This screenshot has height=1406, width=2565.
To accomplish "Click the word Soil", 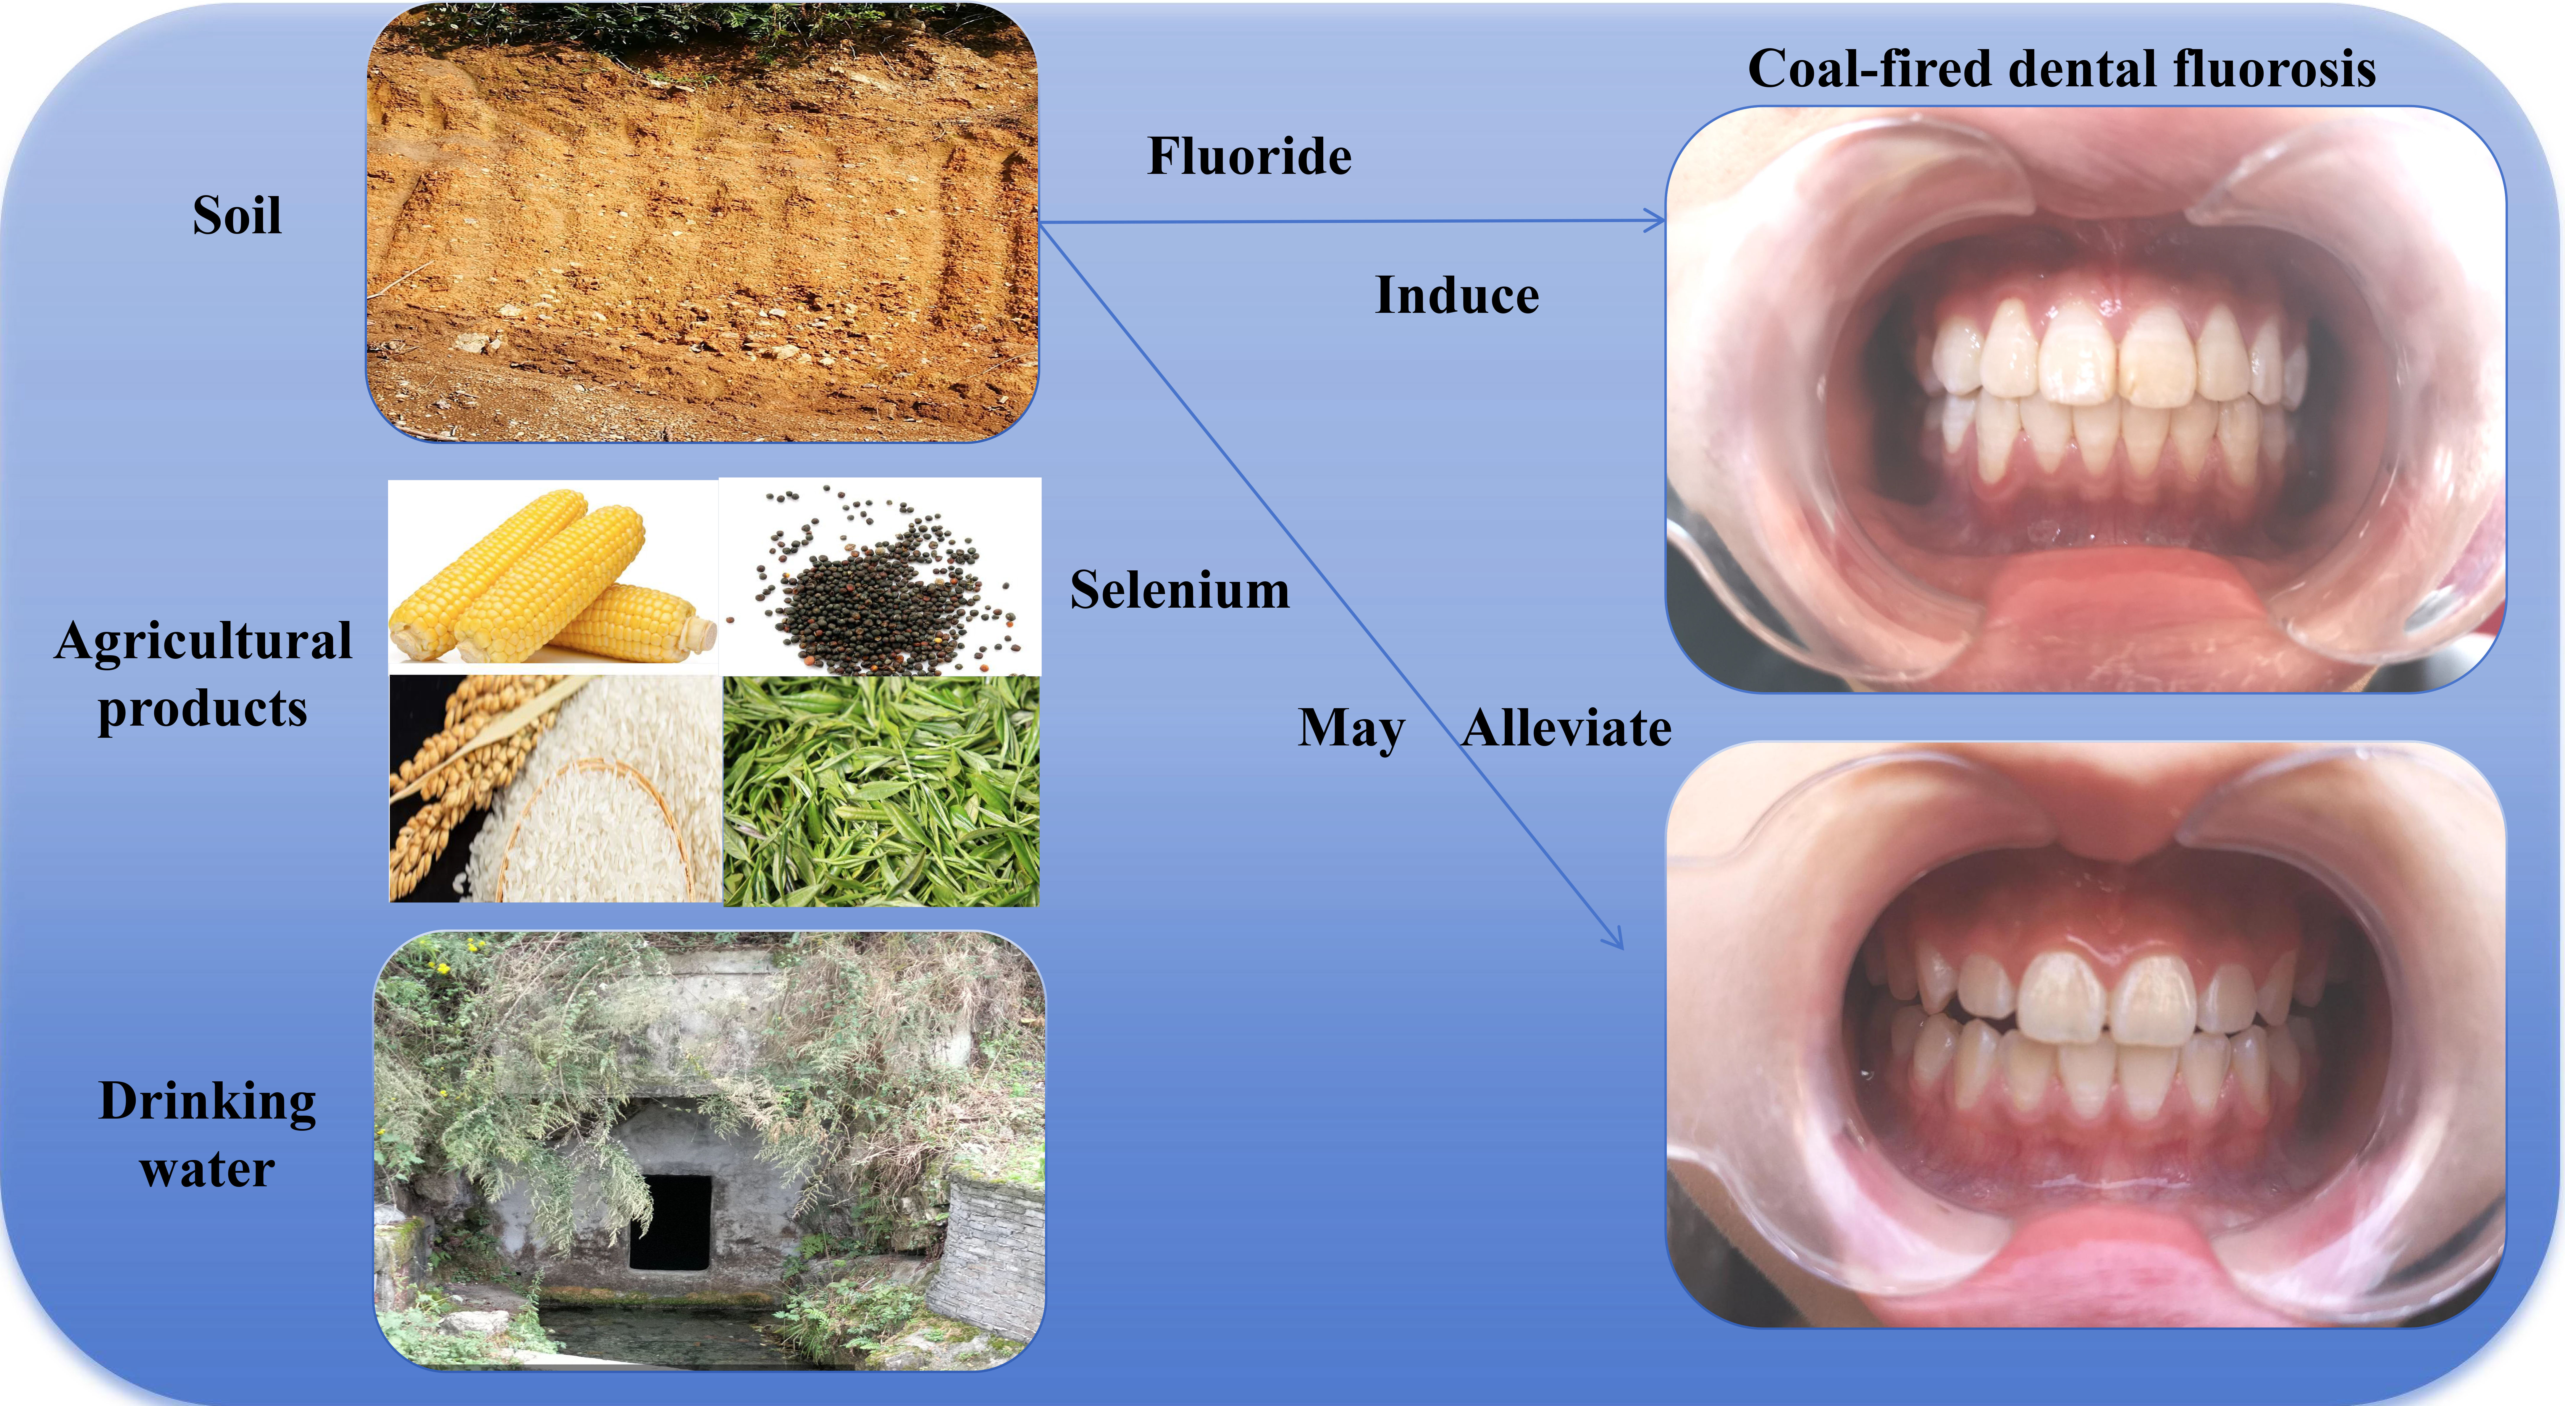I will tap(237, 215).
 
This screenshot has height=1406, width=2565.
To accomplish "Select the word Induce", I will tap(1457, 296).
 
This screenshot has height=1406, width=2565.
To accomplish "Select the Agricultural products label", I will tap(203, 674).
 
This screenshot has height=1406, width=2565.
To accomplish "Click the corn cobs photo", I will tap(553, 577).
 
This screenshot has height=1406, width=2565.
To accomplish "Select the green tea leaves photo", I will tap(881, 792).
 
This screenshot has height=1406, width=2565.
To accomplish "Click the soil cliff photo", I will tap(702, 224).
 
